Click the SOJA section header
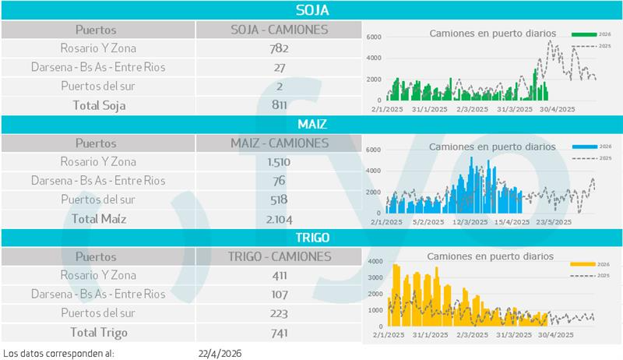click(311, 10)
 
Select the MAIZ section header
click(311, 125)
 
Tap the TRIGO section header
click(311, 238)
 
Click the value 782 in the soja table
click(279, 48)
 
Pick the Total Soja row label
click(99, 104)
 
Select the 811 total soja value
click(279, 104)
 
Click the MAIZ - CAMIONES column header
click(280, 143)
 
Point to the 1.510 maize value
click(279, 162)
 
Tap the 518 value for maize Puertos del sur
click(279, 199)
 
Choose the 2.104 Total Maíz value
click(279, 219)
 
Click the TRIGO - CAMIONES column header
click(280, 256)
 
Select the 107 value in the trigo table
click(279, 295)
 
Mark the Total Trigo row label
click(99, 333)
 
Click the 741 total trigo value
click(279, 333)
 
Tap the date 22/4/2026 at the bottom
click(220, 353)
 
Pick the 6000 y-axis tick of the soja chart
click(373, 37)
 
